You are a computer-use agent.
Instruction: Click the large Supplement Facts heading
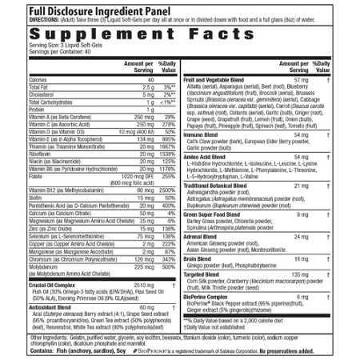[179, 37]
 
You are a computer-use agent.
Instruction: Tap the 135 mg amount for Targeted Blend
[301, 274]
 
